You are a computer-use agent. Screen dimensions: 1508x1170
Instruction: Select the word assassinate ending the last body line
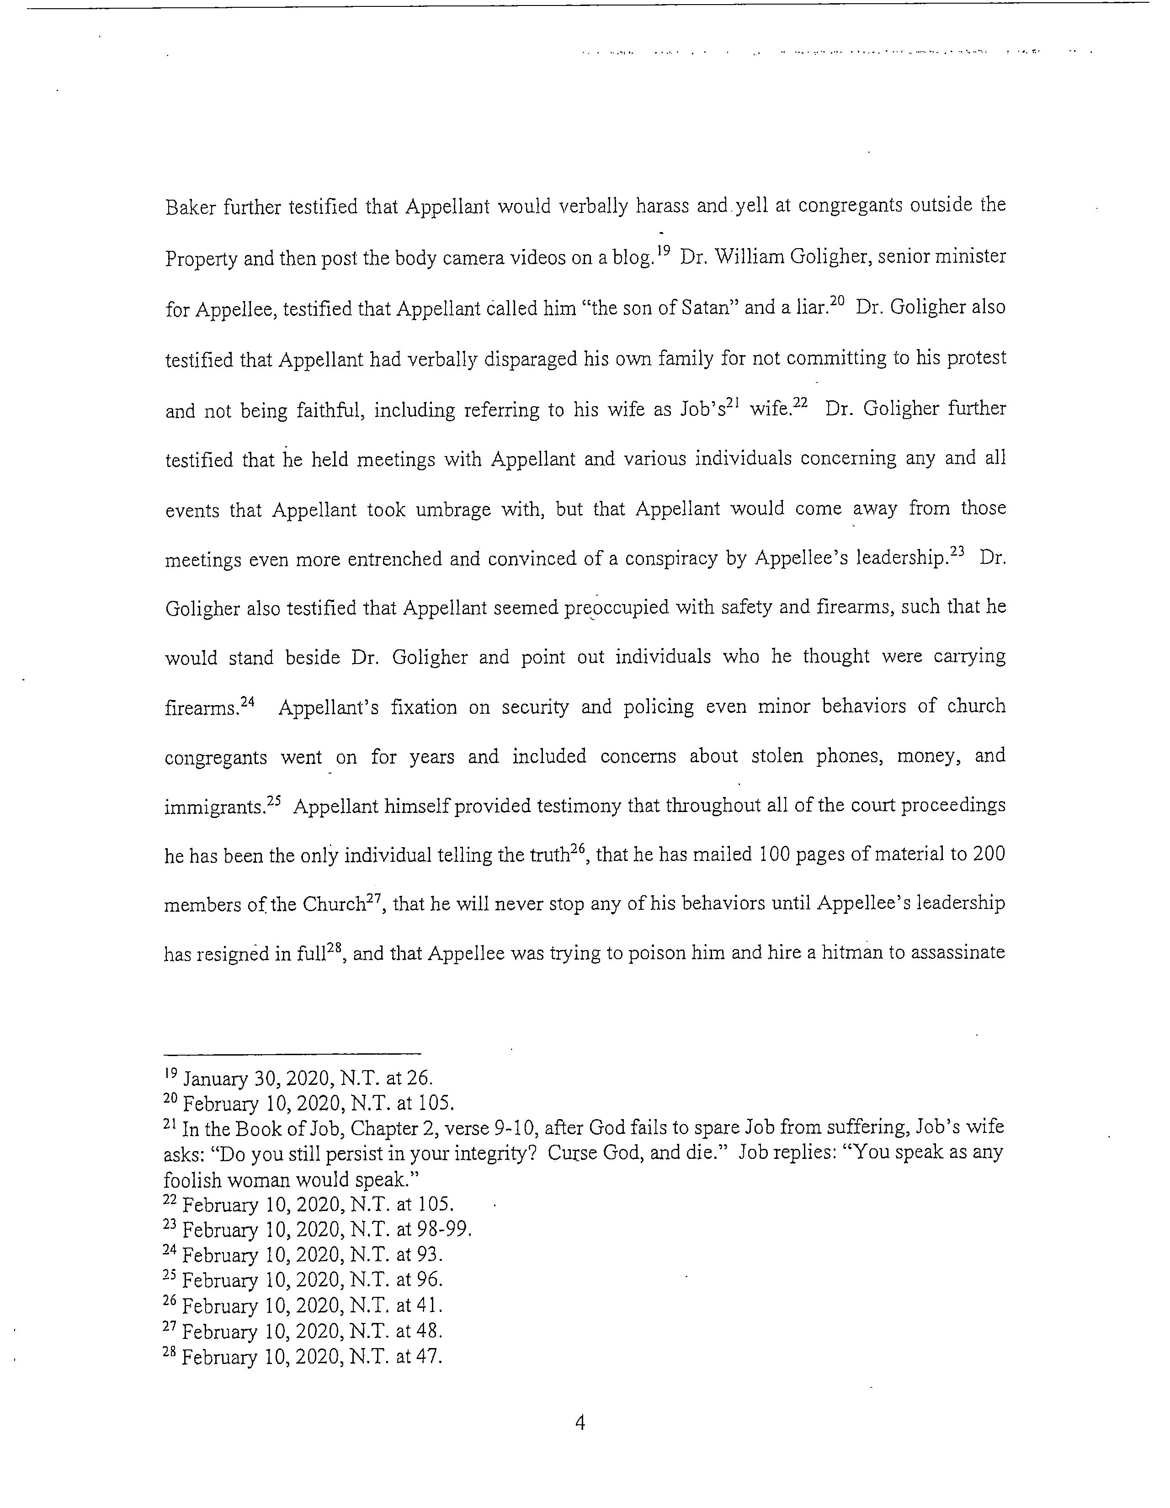coord(958,953)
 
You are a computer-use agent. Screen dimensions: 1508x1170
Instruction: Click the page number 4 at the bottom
coord(580,1423)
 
